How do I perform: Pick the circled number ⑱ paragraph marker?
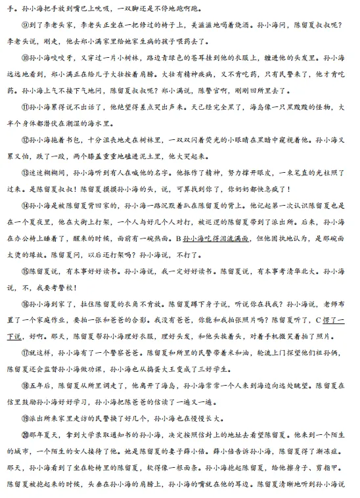point(25,386)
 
